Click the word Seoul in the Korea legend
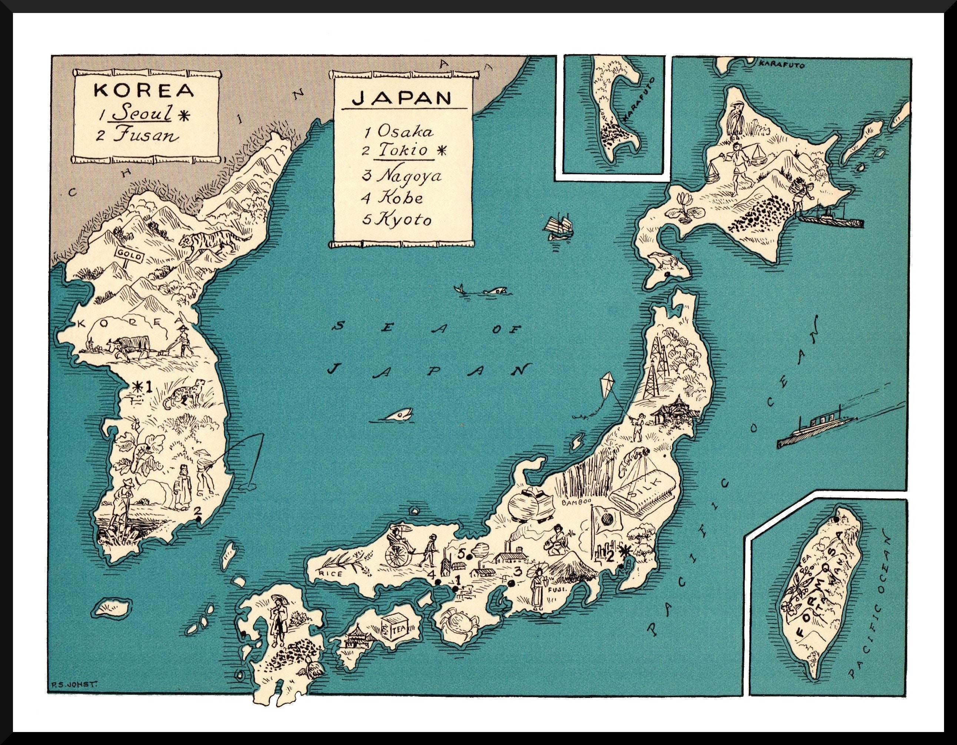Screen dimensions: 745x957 click(x=142, y=113)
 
